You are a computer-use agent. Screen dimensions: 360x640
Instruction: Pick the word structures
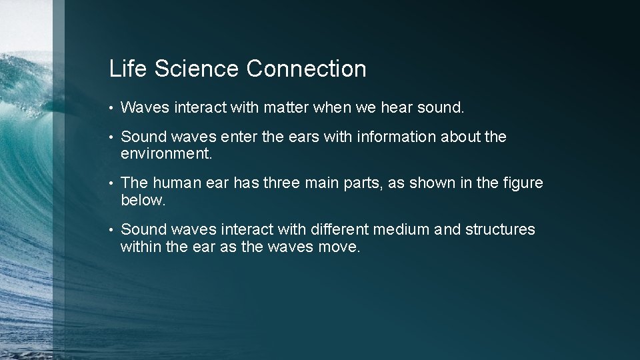pyautogui.click(x=500, y=229)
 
